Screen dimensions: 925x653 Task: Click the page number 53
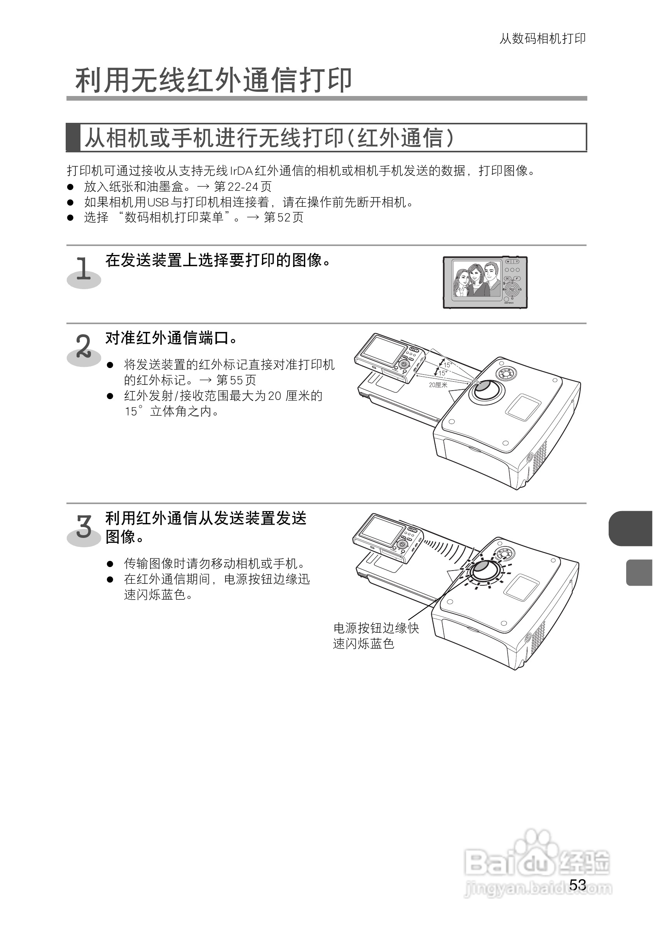click(578, 884)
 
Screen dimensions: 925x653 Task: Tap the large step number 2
click(84, 346)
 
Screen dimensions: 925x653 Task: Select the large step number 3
click(84, 527)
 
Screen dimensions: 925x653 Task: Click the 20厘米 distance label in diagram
click(438, 385)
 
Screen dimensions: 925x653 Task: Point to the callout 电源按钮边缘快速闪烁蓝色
click(375, 636)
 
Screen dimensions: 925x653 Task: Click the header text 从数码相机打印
click(542, 39)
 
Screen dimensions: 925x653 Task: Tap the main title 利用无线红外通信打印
click(213, 80)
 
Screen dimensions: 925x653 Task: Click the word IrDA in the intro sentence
click(241, 171)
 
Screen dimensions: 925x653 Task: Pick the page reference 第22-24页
click(243, 187)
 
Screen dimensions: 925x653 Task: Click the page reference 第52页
click(284, 218)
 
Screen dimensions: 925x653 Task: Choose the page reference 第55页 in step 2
click(236, 380)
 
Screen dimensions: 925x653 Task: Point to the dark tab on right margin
click(631, 528)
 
